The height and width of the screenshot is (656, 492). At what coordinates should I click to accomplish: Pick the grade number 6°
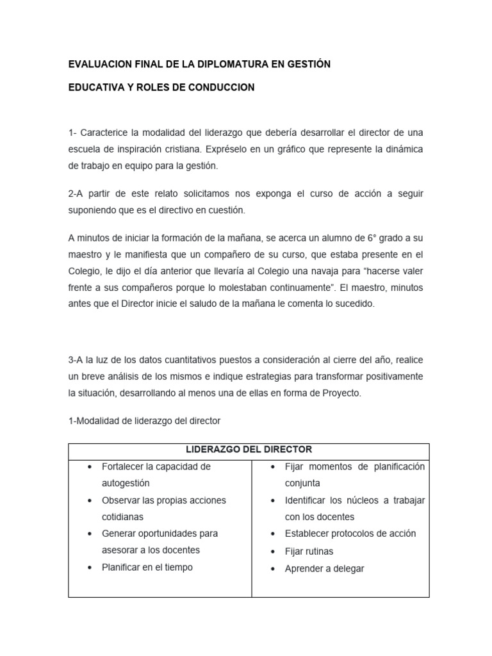pos(373,238)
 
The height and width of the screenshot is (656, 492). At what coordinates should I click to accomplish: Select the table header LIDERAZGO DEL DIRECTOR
pos(249,450)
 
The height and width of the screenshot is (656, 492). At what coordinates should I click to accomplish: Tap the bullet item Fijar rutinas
pos(309,551)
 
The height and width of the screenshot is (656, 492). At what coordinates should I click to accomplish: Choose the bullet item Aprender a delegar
pos(325,568)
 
